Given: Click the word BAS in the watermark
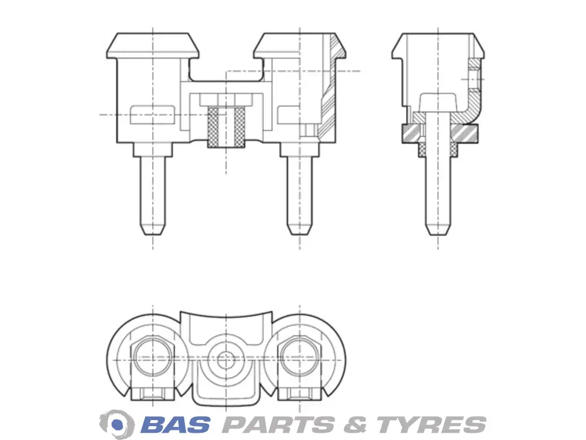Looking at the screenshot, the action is [175, 425].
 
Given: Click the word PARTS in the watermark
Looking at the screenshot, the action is [279, 425].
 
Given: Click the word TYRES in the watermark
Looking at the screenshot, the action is [431, 425].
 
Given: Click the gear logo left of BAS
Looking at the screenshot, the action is [117, 424].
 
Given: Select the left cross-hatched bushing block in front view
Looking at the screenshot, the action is [213, 127].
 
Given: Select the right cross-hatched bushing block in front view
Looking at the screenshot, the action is [240, 127].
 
